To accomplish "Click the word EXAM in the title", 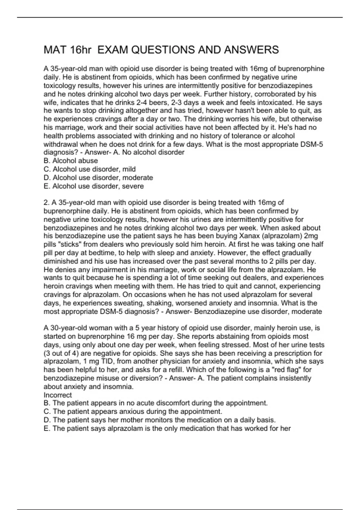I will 113,50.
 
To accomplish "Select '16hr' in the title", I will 80,50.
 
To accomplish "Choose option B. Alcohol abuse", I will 71,161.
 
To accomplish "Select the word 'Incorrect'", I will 58,395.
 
